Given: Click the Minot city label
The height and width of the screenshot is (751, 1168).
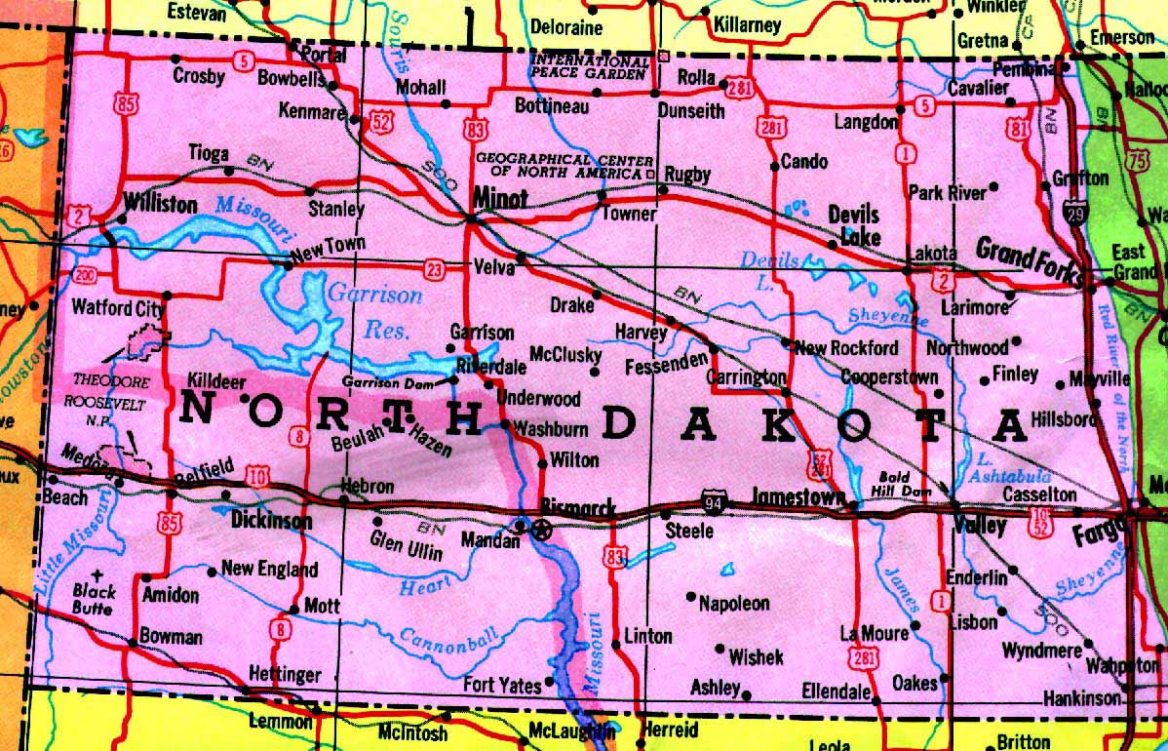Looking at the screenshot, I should (x=500, y=198).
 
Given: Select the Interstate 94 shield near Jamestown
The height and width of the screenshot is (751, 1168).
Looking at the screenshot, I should (x=713, y=502).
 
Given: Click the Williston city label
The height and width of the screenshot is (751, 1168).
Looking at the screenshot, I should (x=161, y=204).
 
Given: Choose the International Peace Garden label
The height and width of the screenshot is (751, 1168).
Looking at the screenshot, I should (x=588, y=66).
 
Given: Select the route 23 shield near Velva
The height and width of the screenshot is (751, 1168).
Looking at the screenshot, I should (x=432, y=266).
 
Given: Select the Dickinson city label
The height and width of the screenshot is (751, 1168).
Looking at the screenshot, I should (x=271, y=522).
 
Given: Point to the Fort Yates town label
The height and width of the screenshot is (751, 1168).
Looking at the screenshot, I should (x=501, y=686).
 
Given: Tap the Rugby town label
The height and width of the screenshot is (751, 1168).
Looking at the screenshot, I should (x=687, y=174).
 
